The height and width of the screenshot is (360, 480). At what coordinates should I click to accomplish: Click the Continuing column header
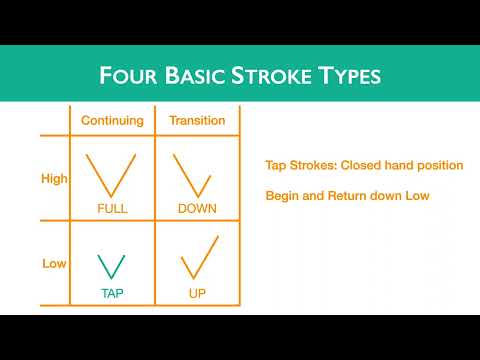(112, 121)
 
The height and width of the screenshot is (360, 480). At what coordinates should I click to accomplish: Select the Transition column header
(198, 121)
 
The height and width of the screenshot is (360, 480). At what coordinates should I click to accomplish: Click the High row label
(54, 179)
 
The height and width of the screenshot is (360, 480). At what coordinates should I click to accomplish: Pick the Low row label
(54, 264)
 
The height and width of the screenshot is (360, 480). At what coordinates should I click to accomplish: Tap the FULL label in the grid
(112, 208)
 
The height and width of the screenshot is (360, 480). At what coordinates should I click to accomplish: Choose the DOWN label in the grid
(197, 208)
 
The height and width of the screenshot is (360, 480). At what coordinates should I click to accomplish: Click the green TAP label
(112, 294)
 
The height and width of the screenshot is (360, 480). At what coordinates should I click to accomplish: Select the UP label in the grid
(197, 294)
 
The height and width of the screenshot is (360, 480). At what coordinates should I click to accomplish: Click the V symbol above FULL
(112, 174)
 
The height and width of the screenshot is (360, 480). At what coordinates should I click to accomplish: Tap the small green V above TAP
(112, 265)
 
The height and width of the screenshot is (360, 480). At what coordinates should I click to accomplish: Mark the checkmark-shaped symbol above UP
(199, 258)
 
